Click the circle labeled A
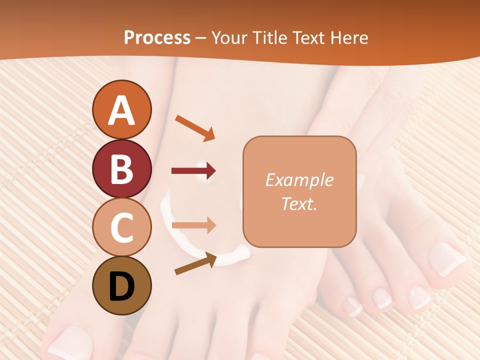click(x=121, y=109)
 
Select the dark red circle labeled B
click(x=121, y=168)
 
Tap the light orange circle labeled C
click(x=121, y=227)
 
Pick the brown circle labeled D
click(x=121, y=285)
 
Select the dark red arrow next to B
click(x=193, y=171)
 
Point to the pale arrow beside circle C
click(x=193, y=225)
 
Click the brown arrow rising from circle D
click(x=195, y=264)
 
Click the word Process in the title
click(x=157, y=38)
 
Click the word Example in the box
click(x=299, y=180)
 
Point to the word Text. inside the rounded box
click(x=299, y=203)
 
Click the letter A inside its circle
click(x=121, y=110)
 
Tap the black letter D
click(x=121, y=286)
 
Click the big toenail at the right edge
click(x=446, y=258)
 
